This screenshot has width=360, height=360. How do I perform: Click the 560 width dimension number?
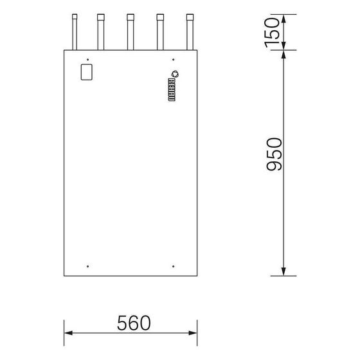pyautogui.click(x=134, y=323)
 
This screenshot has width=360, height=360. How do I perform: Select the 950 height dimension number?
pyautogui.click(x=274, y=154)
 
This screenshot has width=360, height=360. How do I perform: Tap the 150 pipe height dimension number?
pyautogui.click(x=273, y=33)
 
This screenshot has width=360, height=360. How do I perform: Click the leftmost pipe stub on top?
pyautogui.click(x=75, y=32)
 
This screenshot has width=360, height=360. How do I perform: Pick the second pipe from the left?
pyautogui.click(x=101, y=32)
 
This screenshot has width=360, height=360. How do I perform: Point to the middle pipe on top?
pyautogui.click(x=130, y=32)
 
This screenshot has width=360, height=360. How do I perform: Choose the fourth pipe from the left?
pyautogui.click(x=160, y=32)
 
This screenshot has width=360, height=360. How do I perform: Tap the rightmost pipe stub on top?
pyautogui.click(x=190, y=32)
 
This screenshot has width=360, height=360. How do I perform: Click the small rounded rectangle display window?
pyautogui.click(x=87, y=72)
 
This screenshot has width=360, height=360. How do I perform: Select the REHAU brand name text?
pyautogui.click(x=172, y=90)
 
